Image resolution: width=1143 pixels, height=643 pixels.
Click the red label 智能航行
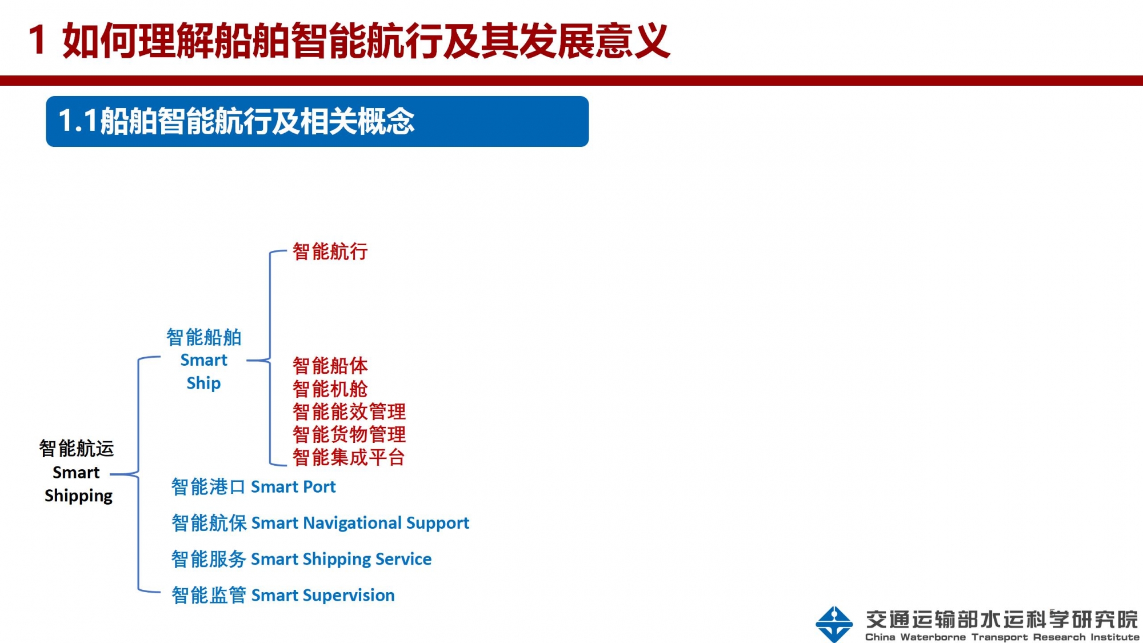tap(330, 251)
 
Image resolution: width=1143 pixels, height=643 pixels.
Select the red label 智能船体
tap(330, 366)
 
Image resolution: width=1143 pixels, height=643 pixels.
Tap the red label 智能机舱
tap(330, 389)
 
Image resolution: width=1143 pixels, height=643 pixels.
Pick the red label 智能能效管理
tap(349, 412)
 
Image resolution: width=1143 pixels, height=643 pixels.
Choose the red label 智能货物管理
tap(349, 434)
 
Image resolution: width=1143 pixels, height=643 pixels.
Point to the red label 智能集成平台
tap(349, 457)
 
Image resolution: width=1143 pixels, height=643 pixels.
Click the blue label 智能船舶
tap(204, 337)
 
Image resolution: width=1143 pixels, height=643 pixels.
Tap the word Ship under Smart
tap(203, 383)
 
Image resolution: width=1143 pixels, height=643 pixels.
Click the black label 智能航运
tap(77, 449)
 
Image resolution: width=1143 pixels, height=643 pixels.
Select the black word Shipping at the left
tap(78, 496)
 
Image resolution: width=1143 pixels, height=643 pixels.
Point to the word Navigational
tap(352, 523)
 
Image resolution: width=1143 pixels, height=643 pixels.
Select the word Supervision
tap(349, 596)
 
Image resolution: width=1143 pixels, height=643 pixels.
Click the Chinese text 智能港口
tap(209, 487)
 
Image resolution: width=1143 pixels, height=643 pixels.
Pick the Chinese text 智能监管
tap(209, 596)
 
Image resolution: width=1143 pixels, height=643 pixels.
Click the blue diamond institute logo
tap(834, 624)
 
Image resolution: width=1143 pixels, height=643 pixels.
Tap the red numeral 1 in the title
tap(37, 40)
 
